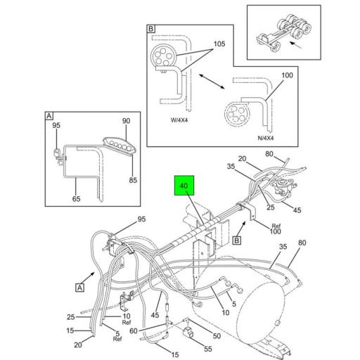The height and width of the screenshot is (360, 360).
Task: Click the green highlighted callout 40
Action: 184,186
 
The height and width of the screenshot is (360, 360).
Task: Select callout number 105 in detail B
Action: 219,44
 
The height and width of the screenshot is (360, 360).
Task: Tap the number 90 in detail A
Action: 126,121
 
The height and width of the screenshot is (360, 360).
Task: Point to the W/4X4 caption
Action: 179,120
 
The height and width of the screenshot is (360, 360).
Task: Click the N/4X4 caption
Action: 266,138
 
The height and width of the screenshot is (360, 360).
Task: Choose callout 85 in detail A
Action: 133,180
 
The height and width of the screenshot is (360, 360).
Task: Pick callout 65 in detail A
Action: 76,199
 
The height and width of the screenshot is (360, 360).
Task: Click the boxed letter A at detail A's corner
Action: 49,116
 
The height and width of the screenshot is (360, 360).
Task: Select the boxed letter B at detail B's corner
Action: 151,29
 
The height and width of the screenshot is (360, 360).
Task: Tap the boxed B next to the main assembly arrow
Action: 237,240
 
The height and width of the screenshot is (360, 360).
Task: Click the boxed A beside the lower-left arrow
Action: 80,288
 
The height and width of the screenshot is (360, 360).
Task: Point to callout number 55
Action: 208,349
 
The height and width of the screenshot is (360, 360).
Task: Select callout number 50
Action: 217,336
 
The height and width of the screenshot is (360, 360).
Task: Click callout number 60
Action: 134,330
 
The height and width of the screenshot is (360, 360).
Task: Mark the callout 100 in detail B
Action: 287,75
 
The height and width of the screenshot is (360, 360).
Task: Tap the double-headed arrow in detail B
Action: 212,82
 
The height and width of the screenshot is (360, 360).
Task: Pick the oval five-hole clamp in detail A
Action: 120,146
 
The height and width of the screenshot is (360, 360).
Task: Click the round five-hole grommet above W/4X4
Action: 163,56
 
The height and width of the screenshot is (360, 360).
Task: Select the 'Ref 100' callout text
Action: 276,229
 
